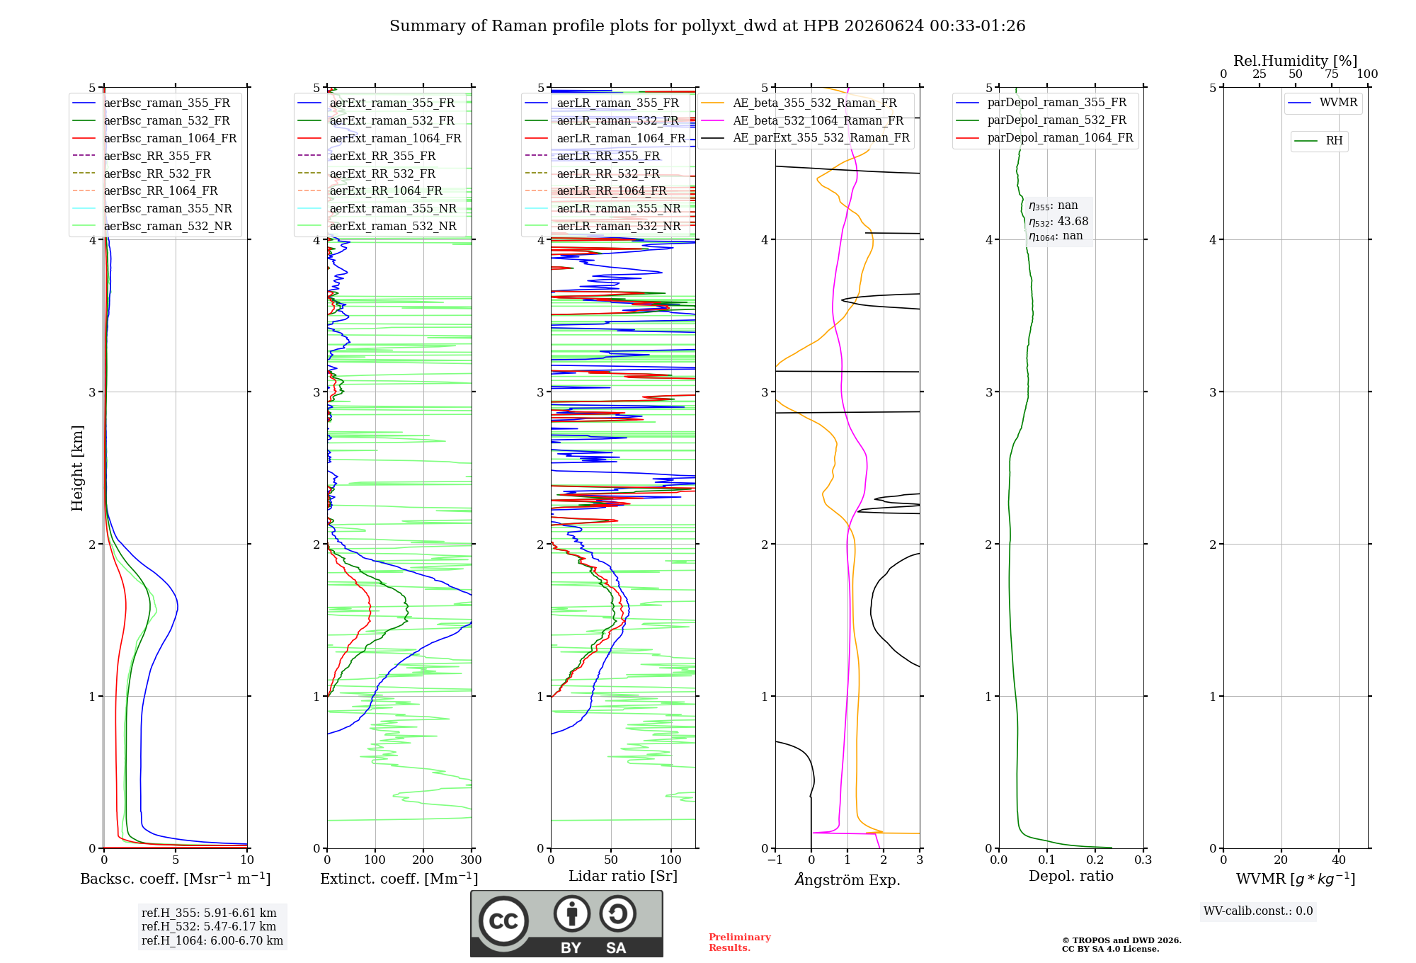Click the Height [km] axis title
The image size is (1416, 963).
pyautogui.click(x=77, y=468)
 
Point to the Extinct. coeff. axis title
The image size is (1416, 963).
pyautogui.click(x=399, y=879)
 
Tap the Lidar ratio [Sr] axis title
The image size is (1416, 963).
pyautogui.click(x=623, y=877)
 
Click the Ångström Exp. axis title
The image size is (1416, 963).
pyautogui.click(x=847, y=879)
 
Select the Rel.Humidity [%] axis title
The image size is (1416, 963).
pyautogui.click(x=1296, y=61)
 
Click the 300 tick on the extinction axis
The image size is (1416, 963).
pyautogui.click(x=472, y=860)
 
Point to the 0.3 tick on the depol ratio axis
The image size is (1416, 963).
pyautogui.click(x=1143, y=860)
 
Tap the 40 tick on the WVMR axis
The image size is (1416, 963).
pyautogui.click(x=1339, y=860)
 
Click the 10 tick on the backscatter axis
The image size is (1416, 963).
pyautogui.click(x=247, y=860)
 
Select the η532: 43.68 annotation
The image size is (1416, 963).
pyautogui.click(x=1058, y=222)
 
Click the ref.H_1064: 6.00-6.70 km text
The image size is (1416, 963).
pyautogui.click(x=212, y=940)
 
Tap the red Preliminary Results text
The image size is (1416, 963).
pyautogui.click(x=740, y=942)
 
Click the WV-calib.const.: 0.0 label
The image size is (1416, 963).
pyautogui.click(x=1258, y=911)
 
